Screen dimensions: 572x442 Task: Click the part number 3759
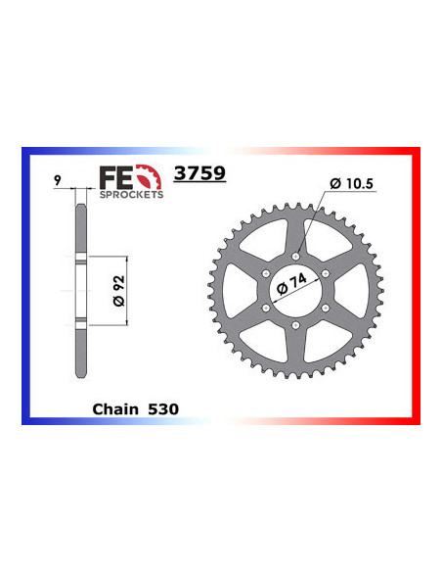199,175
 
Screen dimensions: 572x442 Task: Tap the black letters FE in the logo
114,177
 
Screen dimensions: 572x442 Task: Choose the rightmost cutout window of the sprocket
350,291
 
